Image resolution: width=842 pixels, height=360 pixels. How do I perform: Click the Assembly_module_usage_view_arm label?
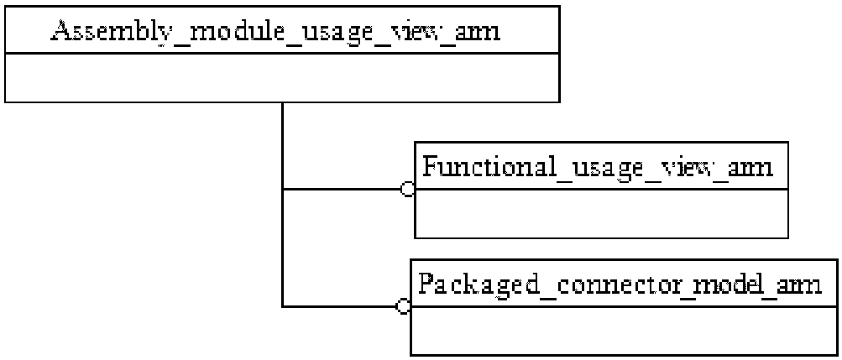275,32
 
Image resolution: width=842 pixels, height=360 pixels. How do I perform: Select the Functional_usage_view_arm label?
598,167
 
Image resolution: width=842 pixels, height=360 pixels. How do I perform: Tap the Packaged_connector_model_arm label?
620,284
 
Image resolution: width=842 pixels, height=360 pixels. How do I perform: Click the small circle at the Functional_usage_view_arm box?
408,189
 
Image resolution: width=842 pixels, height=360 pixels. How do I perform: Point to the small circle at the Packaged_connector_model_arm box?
403,306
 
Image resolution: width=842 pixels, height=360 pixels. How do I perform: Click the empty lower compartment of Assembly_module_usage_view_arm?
282,77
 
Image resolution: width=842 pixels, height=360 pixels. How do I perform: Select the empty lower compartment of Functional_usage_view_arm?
601,213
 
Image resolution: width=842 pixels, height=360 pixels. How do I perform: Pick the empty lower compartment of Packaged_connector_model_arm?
624,331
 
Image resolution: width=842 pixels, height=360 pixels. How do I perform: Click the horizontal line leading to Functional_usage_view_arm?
342,189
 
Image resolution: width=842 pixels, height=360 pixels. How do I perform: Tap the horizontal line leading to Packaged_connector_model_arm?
339,306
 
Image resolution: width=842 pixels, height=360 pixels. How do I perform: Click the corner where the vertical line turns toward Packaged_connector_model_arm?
282,306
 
